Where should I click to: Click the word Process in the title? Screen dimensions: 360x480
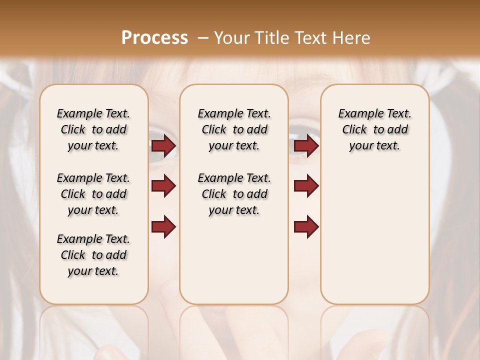pyautogui.click(x=154, y=38)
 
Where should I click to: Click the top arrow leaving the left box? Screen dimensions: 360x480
pyautogui.click(x=163, y=145)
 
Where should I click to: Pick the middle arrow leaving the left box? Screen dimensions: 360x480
pyautogui.click(x=163, y=186)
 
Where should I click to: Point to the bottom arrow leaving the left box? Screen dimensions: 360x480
pyautogui.click(x=163, y=227)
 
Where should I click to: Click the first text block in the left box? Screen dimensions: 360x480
pyautogui.click(x=93, y=129)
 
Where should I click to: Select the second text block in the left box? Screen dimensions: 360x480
pyautogui.click(x=93, y=194)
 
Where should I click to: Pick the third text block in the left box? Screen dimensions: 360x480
pyautogui.click(x=93, y=255)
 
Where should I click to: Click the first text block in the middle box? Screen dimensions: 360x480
pyautogui.click(x=234, y=129)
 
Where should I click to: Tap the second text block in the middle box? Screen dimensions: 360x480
pyautogui.click(x=234, y=194)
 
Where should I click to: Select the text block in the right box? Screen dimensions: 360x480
pyautogui.click(x=374, y=129)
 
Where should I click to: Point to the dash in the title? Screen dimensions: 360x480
pyautogui.click(x=203, y=38)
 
